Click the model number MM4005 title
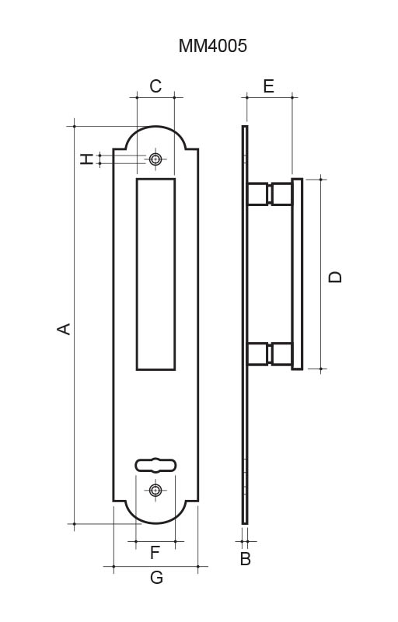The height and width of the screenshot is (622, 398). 212,46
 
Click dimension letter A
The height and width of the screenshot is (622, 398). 64,329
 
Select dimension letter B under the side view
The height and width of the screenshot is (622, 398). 246,558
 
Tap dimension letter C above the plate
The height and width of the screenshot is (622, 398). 155,86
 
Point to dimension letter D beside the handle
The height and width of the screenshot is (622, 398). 335,277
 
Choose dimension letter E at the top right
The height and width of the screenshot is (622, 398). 269,86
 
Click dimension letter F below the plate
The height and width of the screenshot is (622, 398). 155,553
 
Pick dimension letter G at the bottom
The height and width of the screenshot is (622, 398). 156,577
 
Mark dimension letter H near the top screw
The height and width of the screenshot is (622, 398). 86,159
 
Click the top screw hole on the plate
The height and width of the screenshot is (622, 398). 155,159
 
